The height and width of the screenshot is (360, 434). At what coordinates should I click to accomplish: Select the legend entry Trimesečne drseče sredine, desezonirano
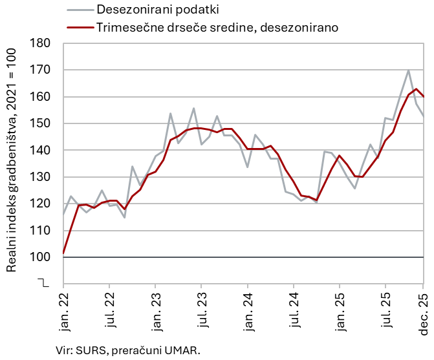click(x=217, y=28)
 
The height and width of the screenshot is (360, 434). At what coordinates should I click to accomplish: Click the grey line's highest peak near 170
click(x=408, y=70)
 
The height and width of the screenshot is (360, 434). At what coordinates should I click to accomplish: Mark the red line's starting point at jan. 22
click(x=63, y=253)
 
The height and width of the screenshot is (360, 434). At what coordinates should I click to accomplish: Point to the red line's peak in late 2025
click(x=416, y=89)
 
